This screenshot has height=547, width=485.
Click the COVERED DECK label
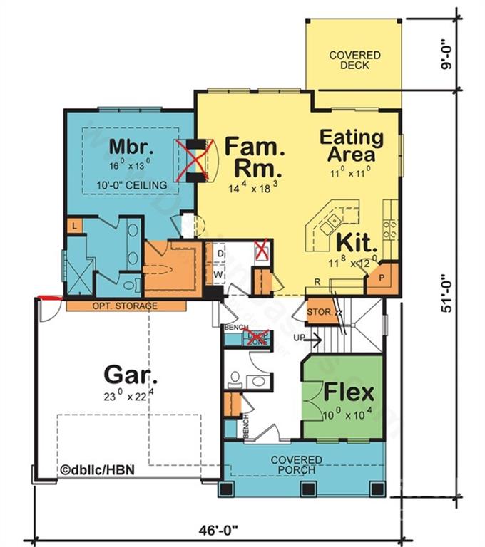tap(354, 60)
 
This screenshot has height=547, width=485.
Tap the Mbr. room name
tap(132, 147)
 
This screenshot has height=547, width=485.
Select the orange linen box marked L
tap(73, 226)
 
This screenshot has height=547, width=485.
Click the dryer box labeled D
tap(220, 254)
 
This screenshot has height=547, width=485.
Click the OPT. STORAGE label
tap(125, 306)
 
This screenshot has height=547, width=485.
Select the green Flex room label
tap(349, 392)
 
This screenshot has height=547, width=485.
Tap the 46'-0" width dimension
tap(218, 530)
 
